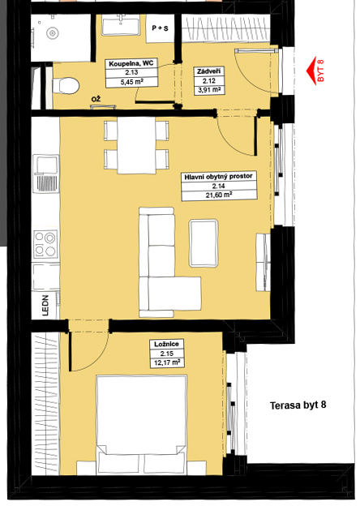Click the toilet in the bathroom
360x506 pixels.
click(66, 85)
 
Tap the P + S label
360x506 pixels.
click(161, 28)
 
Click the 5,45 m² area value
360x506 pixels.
click(131, 82)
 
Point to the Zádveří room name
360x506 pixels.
click(208, 71)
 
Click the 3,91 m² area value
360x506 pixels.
click(209, 90)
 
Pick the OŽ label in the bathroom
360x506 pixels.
click(96, 99)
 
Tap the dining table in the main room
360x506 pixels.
click(136, 145)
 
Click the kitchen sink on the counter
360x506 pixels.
click(45, 174)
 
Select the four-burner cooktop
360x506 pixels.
click(45, 244)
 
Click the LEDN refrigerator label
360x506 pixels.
click(45, 305)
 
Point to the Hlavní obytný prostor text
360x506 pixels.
click(218, 177)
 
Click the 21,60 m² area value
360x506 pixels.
click(219, 195)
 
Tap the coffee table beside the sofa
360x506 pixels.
click(204, 243)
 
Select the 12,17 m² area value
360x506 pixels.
click(167, 362)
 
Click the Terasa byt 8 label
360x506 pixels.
click(298, 405)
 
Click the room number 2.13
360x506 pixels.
click(131, 73)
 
